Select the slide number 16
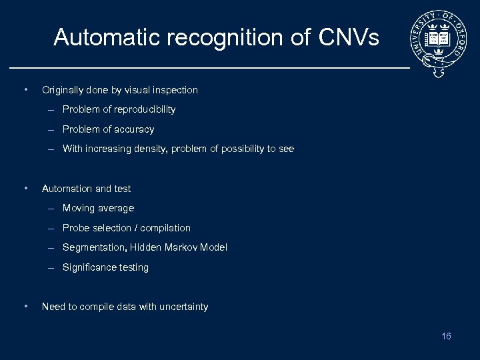point(446,336)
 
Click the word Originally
point(63,90)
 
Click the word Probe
point(76,228)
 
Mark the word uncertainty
point(182,307)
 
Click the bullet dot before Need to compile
point(25,307)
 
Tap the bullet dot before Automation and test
point(25,188)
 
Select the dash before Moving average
point(51,208)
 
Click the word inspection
point(175,90)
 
